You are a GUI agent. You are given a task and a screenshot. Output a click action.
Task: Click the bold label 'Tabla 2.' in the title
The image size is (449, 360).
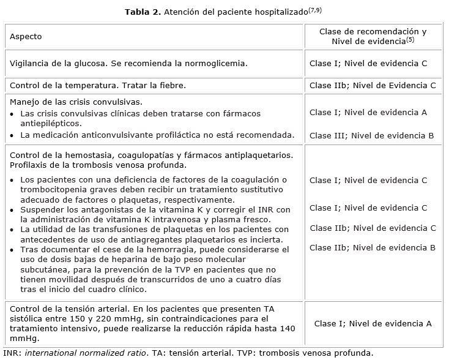[143, 12]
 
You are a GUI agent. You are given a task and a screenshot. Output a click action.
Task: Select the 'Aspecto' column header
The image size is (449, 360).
[26, 37]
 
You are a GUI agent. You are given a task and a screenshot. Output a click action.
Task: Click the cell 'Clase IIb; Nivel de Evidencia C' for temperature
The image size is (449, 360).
[373, 86]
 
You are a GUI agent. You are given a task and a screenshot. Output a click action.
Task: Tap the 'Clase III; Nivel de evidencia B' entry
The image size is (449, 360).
[372, 135]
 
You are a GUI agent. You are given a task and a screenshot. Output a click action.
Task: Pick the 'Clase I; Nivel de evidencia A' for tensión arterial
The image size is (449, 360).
[373, 324]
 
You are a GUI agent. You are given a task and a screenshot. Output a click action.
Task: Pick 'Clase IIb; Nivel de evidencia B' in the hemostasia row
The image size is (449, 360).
[373, 248]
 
